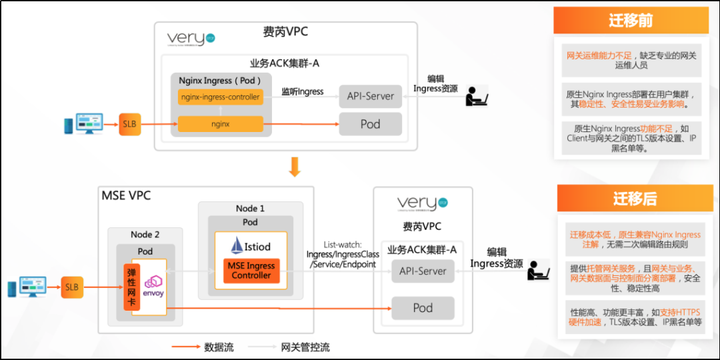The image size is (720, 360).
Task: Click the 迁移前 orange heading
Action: tap(630, 21)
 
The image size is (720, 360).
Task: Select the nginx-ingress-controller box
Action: tap(221, 97)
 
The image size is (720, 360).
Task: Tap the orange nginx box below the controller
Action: tap(221, 124)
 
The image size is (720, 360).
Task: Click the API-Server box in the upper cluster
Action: tap(371, 96)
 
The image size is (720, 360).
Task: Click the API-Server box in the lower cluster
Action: tap(423, 271)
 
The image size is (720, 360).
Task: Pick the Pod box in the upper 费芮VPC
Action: tap(371, 124)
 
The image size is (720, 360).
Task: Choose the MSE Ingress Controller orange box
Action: tap(251, 270)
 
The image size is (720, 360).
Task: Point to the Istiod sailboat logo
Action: tap(237, 245)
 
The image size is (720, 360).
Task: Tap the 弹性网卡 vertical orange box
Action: tap(131, 287)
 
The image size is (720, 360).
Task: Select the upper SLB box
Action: tap(130, 123)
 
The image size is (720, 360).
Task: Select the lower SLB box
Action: tap(72, 287)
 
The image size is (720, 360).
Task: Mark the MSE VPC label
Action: tap(126, 195)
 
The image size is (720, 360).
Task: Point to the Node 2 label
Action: tap(145, 234)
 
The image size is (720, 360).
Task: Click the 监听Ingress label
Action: tap(302, 91)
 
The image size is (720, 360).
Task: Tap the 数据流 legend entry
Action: tap(218, 347)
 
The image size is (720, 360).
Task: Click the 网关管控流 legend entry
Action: tap(305, 347)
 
